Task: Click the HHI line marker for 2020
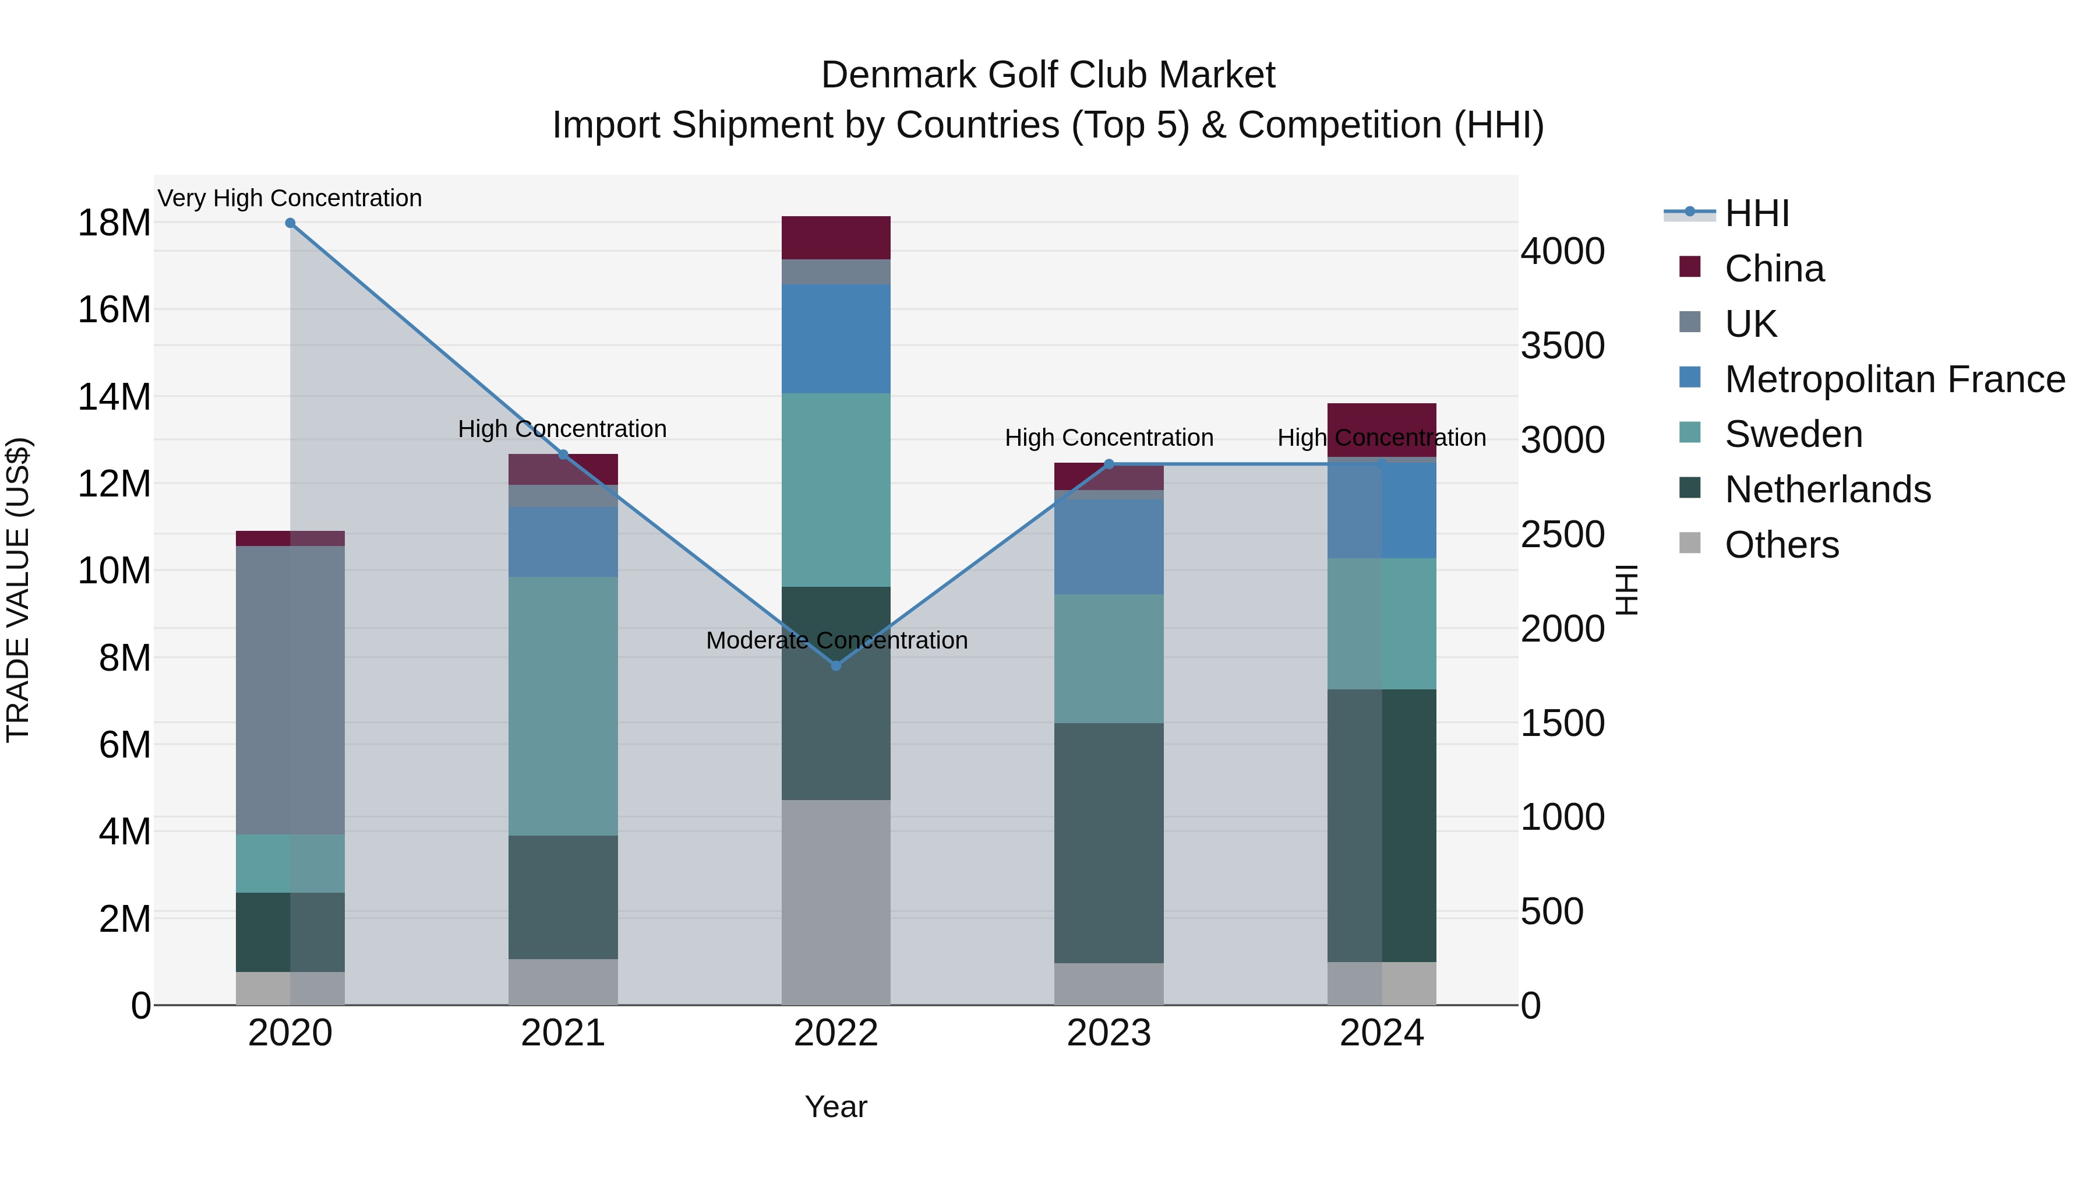pyautogui.click(x=290, y=223)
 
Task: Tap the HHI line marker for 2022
pyautogui.click(x=836, y=665)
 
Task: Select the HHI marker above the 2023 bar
pyautogui.click(x=1108, y=464)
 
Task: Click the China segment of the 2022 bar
pyautogui.click(x=836, y=238)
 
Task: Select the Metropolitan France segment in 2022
pyautogui.click(x=836, y=339)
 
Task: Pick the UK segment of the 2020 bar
pyautogui.click(x=290, y=690)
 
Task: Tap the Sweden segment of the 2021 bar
pyautogui.click(x=563, y=706)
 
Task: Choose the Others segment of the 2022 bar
pyautogui.click(x=836, y=902)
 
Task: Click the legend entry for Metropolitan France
pyautogui.click(x=1894, y=379)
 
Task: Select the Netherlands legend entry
pyautogui.click(x=1827, y=489)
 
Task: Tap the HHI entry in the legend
pyautogui.click(x=1757, y=213)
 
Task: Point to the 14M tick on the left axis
pyautogui.click(x=114, y=397)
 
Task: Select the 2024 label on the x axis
pyautogui.click(x=1382, y=1033)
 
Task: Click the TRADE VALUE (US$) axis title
pyautogui.click(x=18, y=590)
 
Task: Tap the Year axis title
pyautogui.click(x=836, y=1107)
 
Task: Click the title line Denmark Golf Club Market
pyautogui.click(x=1048, y=75)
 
